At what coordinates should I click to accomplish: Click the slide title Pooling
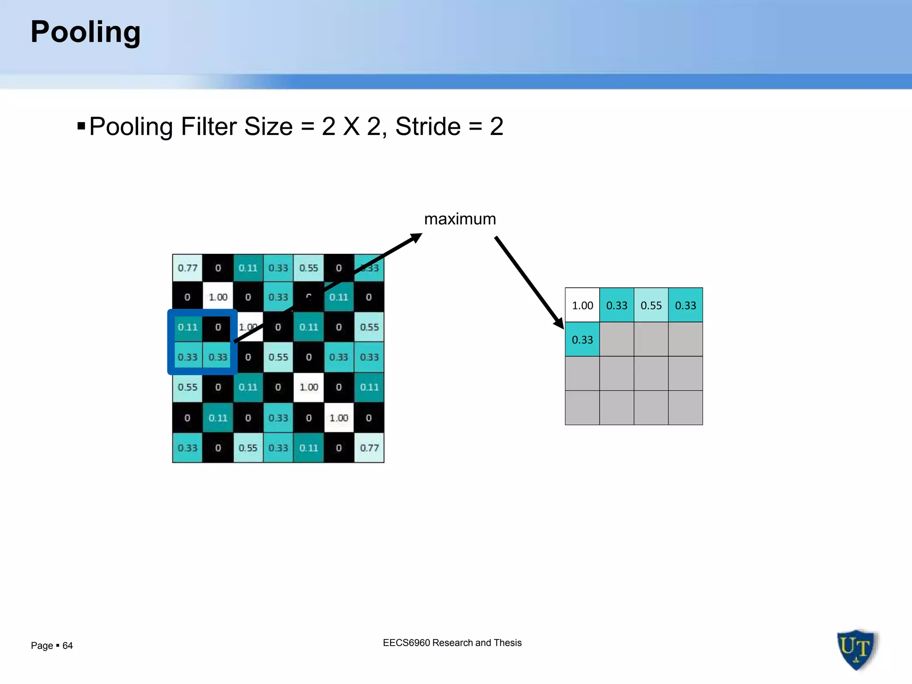(85, 32)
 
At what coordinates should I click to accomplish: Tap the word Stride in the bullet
(427, 126)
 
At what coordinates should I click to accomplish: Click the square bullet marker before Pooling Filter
(81, 126)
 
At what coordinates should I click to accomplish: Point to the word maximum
(460, 219)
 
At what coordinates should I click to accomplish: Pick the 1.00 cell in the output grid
(582, 305)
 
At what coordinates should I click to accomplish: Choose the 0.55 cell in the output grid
(651, 305)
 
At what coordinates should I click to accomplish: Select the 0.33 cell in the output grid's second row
(582, 340)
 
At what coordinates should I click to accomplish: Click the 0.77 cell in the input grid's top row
(187, 268)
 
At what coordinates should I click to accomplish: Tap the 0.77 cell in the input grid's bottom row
(369, 448)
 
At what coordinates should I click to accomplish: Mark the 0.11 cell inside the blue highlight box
(187, 327)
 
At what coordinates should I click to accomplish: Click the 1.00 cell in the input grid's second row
(218, 297)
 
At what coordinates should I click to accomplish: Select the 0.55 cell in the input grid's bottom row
(248, 448)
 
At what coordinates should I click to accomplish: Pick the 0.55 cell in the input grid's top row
(309, 268)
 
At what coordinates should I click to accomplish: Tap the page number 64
(68, 646)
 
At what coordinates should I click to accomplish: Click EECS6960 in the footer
(406, 643)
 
